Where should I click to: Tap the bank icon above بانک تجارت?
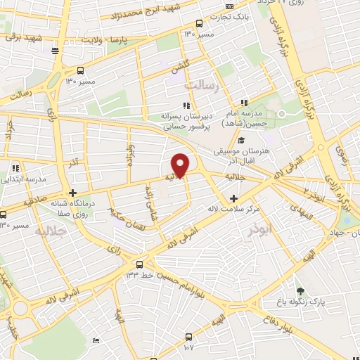[x=230, y=5]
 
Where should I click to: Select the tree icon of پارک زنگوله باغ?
[x=300, y=291]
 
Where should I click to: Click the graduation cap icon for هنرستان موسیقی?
[x=241, y=141]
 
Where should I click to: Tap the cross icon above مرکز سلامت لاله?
[x=233, y=198]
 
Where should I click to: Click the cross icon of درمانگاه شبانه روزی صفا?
[x=73, y=193]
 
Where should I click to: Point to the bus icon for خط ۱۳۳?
[x=140, y=264]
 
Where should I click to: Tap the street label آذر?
[x=73, y=163]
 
